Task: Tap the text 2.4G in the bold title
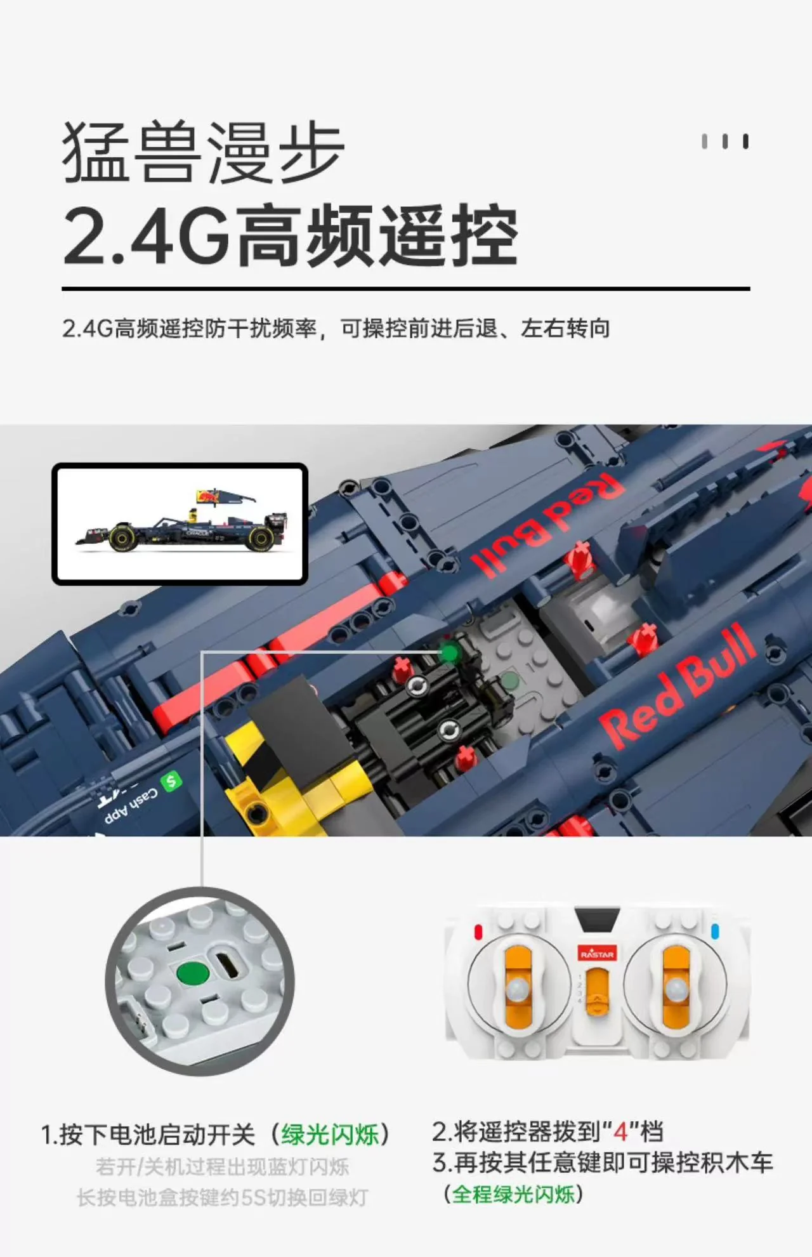click(147, 235)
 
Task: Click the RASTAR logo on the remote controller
click(597, 954)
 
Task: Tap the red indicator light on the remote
click(478, 932)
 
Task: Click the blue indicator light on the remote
click(716, 931)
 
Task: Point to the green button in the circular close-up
click(193, 974)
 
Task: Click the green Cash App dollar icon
click(170, 781)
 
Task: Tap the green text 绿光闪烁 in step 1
click(330, 1135)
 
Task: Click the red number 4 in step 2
click(620, 1131)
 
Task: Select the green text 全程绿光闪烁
click(513, 1194)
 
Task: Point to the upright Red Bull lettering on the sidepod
click(678, 685)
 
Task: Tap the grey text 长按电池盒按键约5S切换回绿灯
click(223, 1198)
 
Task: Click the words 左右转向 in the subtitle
click(565, 329)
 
